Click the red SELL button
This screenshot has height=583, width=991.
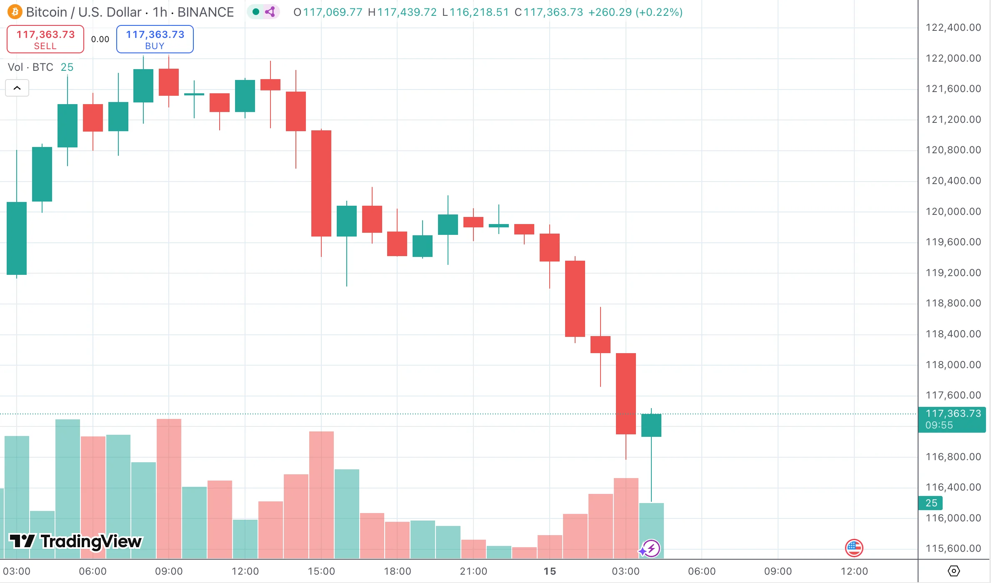[x=45, y=39]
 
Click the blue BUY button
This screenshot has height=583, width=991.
[x=155, y=39]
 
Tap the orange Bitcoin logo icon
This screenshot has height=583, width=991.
[x=15, y=12]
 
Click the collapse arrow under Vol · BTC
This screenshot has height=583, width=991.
[x=17, y=88]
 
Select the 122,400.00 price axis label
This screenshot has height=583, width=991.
[x=953, y=27]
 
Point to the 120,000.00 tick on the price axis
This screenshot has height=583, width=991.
[x=953, y=212]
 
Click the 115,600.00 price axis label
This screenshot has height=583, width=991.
[x=953, y=548]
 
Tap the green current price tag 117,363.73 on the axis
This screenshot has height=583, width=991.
[x=952, y=419]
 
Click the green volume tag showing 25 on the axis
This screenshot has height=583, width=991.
[x=931, y=503]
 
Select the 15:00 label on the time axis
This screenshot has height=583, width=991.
[x=321, y=571]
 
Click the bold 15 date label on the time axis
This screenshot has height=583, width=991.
[x=550, y=571]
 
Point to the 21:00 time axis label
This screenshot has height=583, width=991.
[x=473, y=571]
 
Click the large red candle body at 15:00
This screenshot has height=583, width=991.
[x=321, y=183]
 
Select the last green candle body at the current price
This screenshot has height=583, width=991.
[x=651, y=425]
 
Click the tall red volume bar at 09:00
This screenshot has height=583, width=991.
[x=169, y=487]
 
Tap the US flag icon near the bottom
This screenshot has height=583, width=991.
[x=854, y=548]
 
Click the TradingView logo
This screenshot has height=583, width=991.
[x=76, y=541]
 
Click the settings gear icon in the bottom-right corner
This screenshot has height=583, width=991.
[x=953, y=571]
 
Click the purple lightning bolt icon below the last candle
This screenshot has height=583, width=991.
[x=651, y=548]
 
